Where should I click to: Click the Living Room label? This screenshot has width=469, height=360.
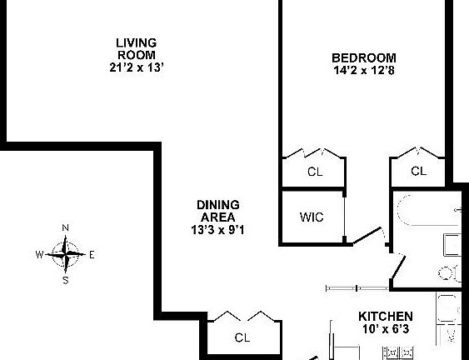click(137, 49)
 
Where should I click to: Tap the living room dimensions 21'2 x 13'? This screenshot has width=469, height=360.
click(137, 67)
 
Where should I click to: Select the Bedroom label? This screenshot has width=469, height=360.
click(364, 57)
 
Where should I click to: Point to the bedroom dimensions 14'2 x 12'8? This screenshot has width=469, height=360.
click(364, 71)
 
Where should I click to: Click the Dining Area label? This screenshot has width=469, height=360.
click(218, 211)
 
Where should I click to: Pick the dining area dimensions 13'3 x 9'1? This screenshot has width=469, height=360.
click(217, 230)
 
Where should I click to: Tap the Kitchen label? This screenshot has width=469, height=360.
click(386, 317)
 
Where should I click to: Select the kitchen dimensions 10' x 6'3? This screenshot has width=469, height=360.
click(386, 329)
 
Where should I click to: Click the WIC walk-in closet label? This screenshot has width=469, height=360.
click(312, 217)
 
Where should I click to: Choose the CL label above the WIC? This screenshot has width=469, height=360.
click(315, 172)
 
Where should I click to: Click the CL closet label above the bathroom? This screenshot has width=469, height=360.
click(418, 171)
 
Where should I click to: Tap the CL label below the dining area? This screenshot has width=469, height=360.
click(242, 337)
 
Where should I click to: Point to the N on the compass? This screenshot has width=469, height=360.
click(65, 228)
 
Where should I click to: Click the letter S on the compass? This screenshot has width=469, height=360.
click(66, 280)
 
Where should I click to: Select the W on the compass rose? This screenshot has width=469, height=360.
click(39, 255)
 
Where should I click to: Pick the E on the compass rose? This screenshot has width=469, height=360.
click(92, 255)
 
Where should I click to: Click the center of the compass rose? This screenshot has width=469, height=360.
click(66, 255)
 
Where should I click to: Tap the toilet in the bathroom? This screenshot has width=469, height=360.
click(450, 273)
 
